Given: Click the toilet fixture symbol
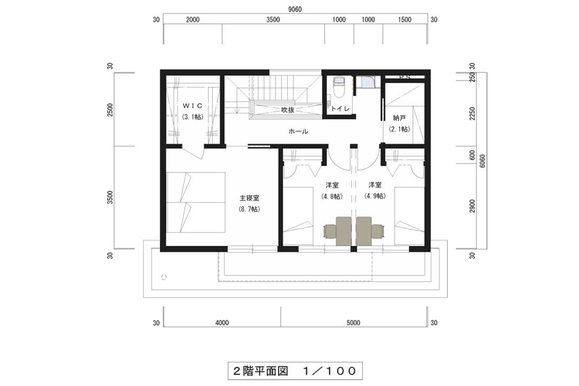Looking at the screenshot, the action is pos(338,87).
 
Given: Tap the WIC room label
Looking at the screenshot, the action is pos(193,105).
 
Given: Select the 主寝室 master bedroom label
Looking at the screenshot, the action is pos(250,198).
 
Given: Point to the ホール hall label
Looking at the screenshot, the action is pos(298,131).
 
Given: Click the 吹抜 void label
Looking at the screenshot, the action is pos(288,109).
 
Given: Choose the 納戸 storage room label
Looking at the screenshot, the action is pos(399,118).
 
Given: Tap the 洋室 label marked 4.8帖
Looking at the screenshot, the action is pos(332,185).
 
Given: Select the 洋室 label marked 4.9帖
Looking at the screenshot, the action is pos(375,185).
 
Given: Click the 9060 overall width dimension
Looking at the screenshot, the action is pos(295,10).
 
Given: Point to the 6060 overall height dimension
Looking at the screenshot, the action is pos(483,161).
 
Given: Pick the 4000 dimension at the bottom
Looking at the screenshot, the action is pos(222,323).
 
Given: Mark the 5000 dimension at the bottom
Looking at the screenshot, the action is pos(353,323).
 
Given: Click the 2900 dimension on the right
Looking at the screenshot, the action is pos(472,207).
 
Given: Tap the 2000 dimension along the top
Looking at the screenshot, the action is pos(193,20).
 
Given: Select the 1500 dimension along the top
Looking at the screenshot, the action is pos(405,20).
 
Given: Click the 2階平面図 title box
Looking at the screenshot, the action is pos(295,370).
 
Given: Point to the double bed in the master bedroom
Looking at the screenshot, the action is pos(196,202).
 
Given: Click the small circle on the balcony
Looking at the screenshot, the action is pos(164,277).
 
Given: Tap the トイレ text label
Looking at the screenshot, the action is pos(340,108).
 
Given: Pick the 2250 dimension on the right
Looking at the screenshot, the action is pos(472,113).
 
